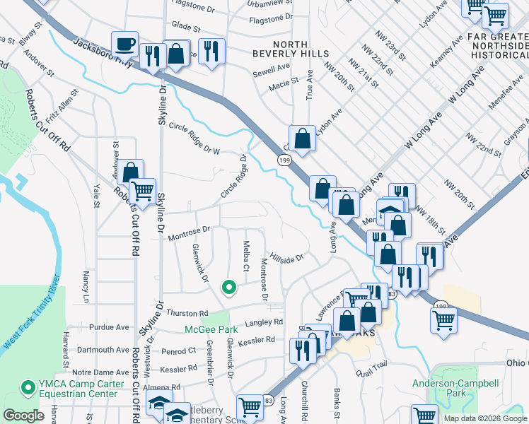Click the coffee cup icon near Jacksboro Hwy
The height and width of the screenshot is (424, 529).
point(125,45)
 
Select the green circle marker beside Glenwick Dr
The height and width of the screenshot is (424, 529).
point(228,287)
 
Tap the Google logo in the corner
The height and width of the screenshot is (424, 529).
point(24,416)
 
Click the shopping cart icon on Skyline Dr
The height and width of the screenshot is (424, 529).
point(143,190)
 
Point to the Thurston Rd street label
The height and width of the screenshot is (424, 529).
point(187,313)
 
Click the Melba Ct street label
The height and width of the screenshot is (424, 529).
point(246,254)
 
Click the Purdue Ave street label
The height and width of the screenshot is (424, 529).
point(109,327)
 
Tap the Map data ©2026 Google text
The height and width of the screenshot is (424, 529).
point(485,418)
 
